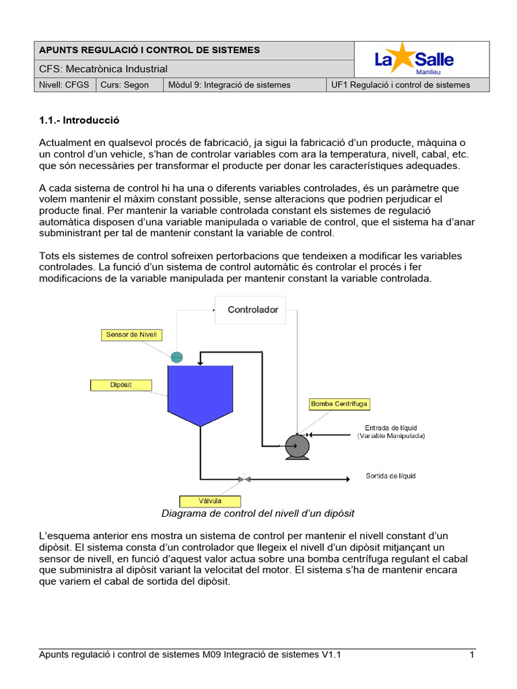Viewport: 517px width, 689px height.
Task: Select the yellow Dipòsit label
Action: point(120,385)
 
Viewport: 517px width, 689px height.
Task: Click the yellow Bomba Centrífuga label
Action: point(339,404)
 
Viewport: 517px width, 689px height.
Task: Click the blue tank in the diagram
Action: point(199,394)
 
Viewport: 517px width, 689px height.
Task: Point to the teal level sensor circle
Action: point(177,357)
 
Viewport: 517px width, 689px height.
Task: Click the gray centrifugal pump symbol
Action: point(296,445)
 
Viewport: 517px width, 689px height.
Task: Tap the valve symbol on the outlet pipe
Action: point(244,479)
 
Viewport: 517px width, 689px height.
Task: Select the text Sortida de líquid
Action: point(390,476)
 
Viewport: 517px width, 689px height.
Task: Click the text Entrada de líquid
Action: point(391,427)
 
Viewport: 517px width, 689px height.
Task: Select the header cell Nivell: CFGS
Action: point(65,85)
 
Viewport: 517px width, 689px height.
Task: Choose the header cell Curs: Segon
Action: point(125,85)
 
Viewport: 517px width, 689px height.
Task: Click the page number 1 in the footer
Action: point(472,654)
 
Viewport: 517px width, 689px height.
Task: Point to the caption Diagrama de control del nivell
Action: point(258,513)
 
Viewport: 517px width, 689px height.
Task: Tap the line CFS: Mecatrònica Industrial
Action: point(104,69)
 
